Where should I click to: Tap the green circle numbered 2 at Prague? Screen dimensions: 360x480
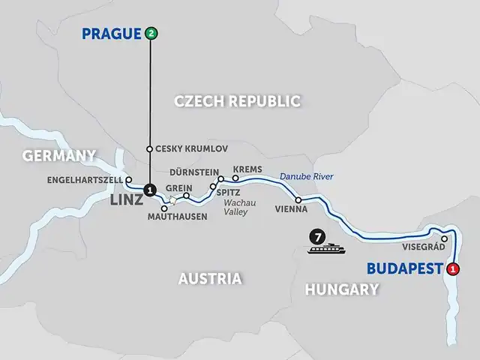pyautogui.click(x=152, y=33)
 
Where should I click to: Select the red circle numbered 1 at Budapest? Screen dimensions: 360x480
pyautogui.click(x=452, y=269)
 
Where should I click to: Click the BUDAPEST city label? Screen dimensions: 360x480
pyautogui.click(x=403, y=269)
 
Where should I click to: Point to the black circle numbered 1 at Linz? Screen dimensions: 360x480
pyautogui.click(x=149, y=190)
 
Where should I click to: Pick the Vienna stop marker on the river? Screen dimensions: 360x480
pyautogui.click(x=298, y=199)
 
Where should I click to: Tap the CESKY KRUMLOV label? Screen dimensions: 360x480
pyautogui.click(x=191, y=148)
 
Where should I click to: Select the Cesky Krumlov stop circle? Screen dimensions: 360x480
pyautogui.click(x=149, y=148)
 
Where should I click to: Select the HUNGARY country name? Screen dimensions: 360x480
pyautogui.click(x=342, y=289)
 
